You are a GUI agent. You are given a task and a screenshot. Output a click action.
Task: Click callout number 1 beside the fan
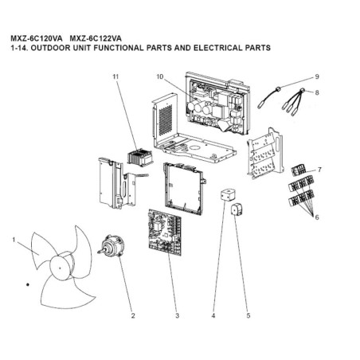(14, 240)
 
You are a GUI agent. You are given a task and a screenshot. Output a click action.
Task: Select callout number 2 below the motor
(133, 315)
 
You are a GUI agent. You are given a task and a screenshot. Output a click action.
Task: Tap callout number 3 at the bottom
(177, 315)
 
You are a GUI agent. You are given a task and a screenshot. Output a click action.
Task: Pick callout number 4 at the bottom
(213, 315)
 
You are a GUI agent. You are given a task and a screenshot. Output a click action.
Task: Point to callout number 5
(248, 315)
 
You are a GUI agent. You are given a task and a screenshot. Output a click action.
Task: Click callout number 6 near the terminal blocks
(317, 217)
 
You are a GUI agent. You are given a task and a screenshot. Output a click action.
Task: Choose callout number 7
(319, 170)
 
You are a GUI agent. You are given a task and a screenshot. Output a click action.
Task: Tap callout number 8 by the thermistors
(317, 92)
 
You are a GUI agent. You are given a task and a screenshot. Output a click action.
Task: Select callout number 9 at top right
(317, 76)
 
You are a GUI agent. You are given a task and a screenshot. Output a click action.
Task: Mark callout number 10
(159, 76)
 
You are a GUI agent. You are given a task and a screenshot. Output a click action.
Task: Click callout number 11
(115, 76)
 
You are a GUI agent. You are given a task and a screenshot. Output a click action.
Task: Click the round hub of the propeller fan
(61, 268)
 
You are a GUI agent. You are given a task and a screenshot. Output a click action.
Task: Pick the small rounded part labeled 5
(237, 209)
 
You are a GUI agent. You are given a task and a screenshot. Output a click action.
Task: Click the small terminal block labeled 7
(299, 170)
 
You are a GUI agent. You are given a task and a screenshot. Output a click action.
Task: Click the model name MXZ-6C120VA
(37, 38)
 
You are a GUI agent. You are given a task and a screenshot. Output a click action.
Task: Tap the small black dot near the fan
(27, 284)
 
